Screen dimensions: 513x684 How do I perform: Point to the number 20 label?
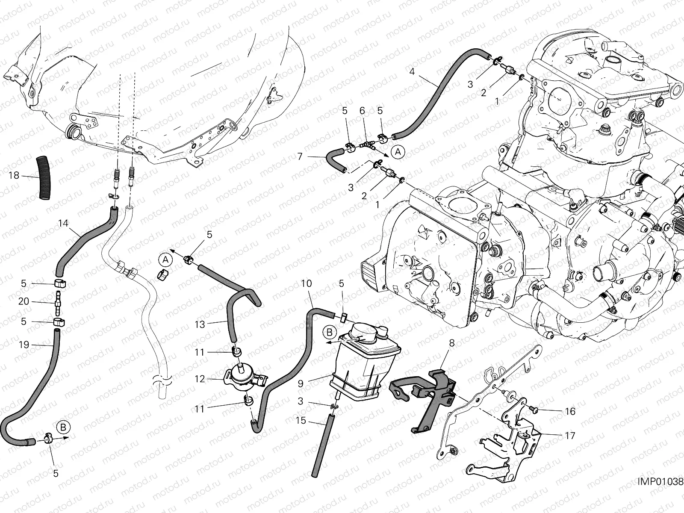tap(24, 301)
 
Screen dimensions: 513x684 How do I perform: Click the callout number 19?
tap(24, 345)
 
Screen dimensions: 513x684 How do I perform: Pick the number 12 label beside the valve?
tap(200, 379)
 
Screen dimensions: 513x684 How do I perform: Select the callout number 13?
tap(200, 324)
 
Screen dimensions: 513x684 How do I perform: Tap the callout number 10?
tap(306, 283)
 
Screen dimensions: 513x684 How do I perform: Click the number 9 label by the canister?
tap(301, 384)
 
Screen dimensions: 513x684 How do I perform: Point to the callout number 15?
tap(301, 421)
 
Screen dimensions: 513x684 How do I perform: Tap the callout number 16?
tap(570, 411)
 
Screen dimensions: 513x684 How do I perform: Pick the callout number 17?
tap(570, 436)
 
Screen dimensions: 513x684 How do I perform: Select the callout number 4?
tap(412, 71)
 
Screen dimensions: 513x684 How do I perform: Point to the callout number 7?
tap(300, 157)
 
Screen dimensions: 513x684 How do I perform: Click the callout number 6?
tap(362, 111)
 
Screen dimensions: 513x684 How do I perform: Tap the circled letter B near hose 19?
tap(63, 426)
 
